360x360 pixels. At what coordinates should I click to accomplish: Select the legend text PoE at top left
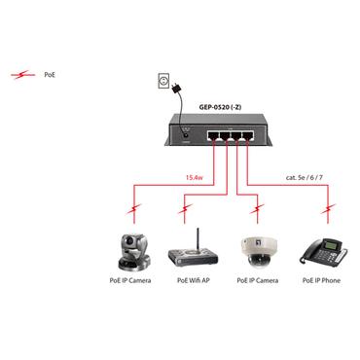coord(51,74)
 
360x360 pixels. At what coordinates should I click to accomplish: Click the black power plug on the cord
coord(176,91)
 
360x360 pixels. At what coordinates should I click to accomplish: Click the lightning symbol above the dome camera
coord(256,208)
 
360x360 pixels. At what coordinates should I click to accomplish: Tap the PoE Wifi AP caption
coord(194,280)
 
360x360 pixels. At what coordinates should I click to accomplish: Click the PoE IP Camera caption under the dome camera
coord(257,280)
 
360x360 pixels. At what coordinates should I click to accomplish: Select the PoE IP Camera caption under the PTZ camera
coord(130,280)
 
